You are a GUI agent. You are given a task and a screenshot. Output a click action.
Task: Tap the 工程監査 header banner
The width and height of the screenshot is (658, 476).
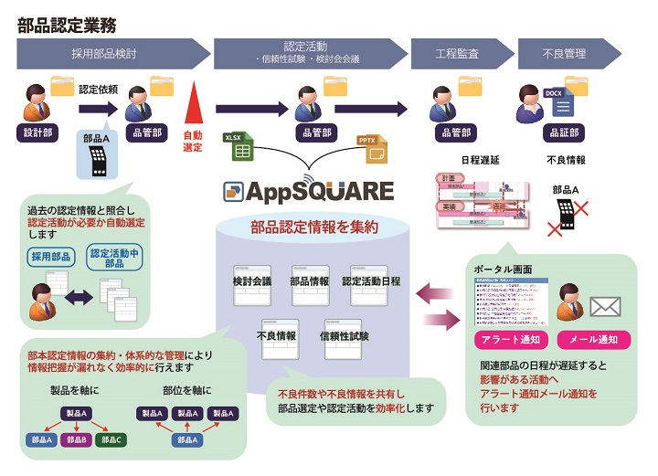tap(458, 55)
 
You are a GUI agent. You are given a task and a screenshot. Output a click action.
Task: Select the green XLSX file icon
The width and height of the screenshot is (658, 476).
tap(239, 146)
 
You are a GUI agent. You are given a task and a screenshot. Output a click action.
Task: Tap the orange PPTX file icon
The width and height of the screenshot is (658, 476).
tap(369, 147)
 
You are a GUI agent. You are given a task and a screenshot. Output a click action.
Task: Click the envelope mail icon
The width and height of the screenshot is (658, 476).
tap(605, 306)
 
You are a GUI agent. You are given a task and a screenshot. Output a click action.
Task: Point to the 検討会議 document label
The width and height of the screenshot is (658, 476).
tap(252, 280)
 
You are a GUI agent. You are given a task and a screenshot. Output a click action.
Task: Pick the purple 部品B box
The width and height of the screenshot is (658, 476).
tap(77, 440)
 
